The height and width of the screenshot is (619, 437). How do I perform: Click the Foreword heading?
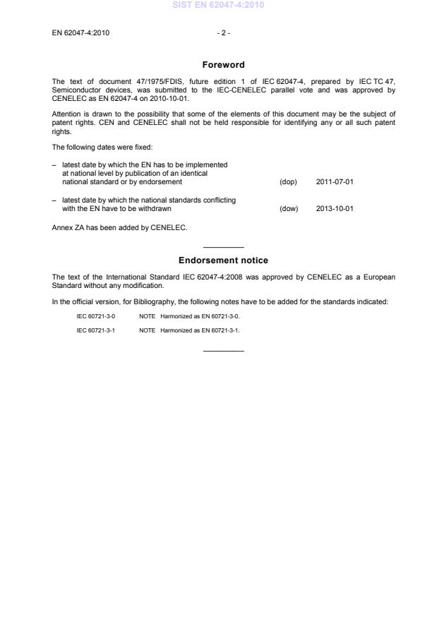tap(223, 65)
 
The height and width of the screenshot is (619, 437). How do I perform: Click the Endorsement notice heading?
tap(223, 260)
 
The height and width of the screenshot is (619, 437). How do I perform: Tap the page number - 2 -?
tap(223, 32)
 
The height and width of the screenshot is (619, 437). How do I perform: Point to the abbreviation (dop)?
tap(288, 182)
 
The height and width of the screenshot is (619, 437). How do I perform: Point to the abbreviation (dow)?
tap(289, 208)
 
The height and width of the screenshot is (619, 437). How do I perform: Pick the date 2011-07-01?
tap(335, 182)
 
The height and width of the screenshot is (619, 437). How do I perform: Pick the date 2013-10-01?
tap(335, 208)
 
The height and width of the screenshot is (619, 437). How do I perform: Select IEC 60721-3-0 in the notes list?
tap(96, 316)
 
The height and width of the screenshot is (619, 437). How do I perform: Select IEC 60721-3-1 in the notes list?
tap(96, 330)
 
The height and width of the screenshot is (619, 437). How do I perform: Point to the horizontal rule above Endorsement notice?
tap(223, 247)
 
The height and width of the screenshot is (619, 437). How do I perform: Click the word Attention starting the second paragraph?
tap(66, 113)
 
